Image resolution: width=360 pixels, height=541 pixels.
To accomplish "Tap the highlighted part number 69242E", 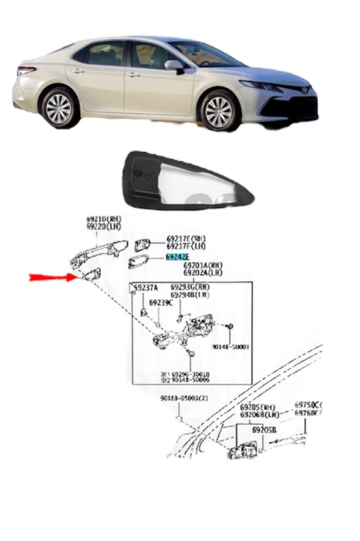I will click(x=177, y=257).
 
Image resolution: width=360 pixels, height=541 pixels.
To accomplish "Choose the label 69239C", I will click(x=161, y=302).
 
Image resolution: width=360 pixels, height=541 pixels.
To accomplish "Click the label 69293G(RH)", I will click(x=190, y=287).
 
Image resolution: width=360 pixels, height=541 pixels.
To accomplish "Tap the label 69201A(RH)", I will click(x=203, y=266).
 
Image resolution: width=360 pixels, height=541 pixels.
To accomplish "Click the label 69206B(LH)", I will click(x=259, y=415).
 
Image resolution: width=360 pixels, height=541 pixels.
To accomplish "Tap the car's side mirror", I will click(x=174, y=65).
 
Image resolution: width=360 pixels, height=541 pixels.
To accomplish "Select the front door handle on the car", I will click(x=132, y=74).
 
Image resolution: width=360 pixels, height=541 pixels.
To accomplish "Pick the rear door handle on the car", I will click(x=77, y=71).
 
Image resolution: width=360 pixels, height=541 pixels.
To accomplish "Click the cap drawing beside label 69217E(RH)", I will click(x=143, y=244).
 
